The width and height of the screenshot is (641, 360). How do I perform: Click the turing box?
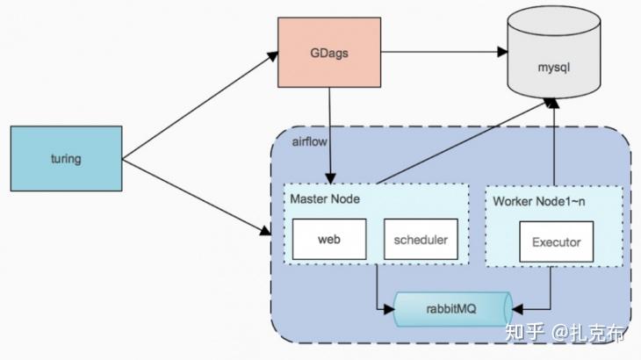coord(66,159)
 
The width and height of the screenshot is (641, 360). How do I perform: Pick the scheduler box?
coord(421,239)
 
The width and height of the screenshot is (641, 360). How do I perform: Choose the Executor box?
coord(556,241)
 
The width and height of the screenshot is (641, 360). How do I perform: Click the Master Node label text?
coord(324,199)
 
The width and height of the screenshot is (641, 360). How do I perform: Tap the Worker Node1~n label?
coord(538,201)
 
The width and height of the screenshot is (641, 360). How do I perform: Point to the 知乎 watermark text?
coord(525,334)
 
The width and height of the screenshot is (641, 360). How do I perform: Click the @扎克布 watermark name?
coord(590,334)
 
